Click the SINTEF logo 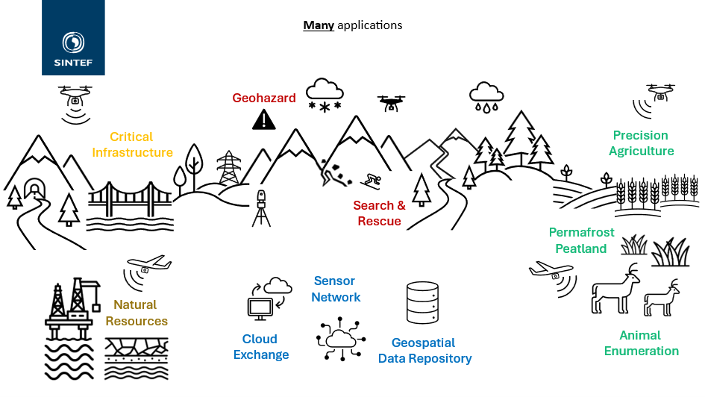click(73, 38)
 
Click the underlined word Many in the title click(319, 25)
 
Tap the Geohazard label click(264, 98)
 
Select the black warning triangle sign click(264, 120)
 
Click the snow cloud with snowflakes click(325, 95)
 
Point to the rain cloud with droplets click(486, 97)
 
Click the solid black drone click(391, 103)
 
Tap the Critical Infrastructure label click(132, 144)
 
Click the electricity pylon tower click(229, 167)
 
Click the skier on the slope click(372, 181)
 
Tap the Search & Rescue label click(379, 213)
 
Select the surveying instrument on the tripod click(261, 208)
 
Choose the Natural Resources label click(137, 313)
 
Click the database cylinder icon click(422, 302)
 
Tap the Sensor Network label click(336, 289)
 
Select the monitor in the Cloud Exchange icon click(260, 309)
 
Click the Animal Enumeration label click(641, 343)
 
